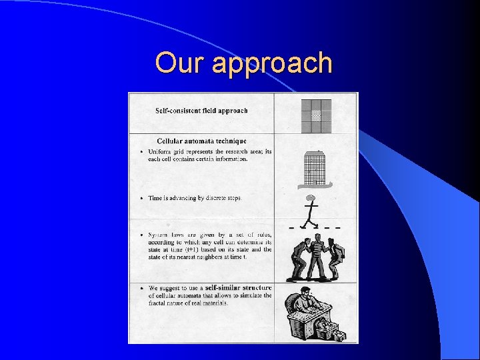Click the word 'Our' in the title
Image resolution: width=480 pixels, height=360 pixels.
click(x=175, y=63)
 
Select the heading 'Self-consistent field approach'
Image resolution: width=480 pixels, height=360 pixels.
click(x=201, y=111)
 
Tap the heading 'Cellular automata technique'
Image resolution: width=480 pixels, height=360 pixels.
click(x=201, y=141)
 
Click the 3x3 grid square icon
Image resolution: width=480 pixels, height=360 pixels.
click(x=315, y=115)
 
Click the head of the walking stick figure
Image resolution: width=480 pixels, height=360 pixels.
click(x=310, y=197)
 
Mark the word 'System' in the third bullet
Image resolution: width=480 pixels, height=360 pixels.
click(x=158, y=235)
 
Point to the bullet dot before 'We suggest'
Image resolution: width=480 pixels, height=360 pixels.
click(x=142, y=287)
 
